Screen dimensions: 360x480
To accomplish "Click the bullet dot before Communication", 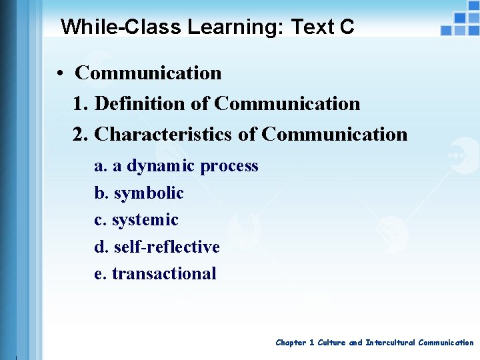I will click(60, 73).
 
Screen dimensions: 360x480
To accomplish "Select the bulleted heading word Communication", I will click(148, 73).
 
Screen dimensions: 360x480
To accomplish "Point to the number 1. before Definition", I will click(81, 103).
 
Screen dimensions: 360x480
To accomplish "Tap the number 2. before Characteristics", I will click(81, 134).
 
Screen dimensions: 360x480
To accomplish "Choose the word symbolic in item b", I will click(149, 193).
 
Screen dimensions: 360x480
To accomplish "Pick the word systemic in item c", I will click(145, 220).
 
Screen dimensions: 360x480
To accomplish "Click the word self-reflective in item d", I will click(167, 247).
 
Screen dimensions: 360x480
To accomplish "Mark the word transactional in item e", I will click(164, 273).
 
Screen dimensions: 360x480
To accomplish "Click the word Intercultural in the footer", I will click(390, 343).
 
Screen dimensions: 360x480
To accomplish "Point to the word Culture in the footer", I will click(331, 343).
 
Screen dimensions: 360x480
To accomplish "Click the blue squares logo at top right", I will click(461, 21).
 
